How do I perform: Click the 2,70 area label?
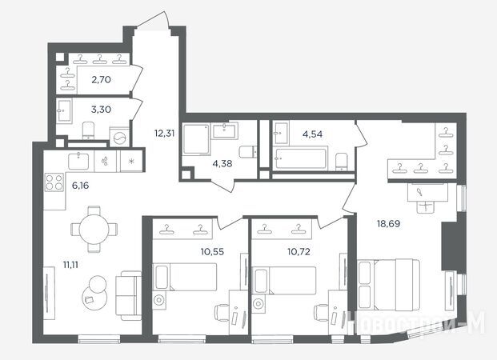(x=101, y=79)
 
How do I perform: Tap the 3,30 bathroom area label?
(x=101, y=110)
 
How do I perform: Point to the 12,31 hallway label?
(x=165, y=134)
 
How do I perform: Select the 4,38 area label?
(x=222, y=164)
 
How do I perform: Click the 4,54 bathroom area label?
(x=313, y=134)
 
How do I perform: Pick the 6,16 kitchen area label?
(x=80, y=186)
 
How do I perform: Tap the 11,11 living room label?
(x=70, y=265)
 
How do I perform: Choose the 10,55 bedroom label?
(x=212, y=252)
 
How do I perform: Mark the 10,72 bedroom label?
(x=299, y=252)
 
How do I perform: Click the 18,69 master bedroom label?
(x=388, y=224)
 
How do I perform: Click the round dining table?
(x=94, y=229)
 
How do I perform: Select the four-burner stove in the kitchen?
(x=54, y=182)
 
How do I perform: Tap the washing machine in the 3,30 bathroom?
(x=119, y=138)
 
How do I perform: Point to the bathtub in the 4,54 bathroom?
(x=300, y=158)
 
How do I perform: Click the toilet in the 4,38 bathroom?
(x=247, y=152)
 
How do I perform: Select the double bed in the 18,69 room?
(x=389, y=285)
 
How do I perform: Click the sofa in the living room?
(x=128, y=296)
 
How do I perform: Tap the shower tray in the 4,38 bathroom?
(x=196, y=139)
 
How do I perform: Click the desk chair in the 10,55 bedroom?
(x=222, y=313)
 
